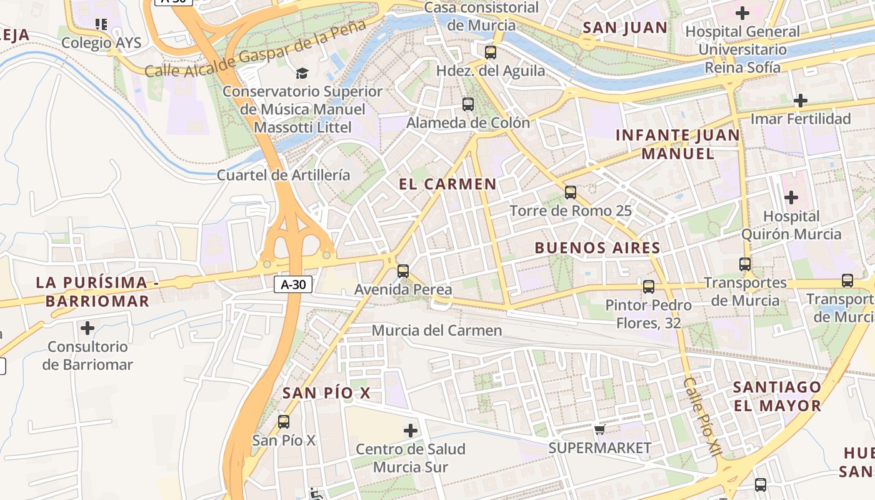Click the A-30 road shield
293,284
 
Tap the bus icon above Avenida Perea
403,271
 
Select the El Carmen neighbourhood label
447,184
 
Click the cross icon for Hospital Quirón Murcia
791,198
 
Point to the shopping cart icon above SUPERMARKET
600,429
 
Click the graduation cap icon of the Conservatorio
302,74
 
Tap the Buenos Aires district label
597,248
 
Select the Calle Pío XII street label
702,416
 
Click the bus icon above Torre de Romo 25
570,192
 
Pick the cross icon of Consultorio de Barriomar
87,327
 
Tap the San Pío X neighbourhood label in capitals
326,393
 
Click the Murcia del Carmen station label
436,330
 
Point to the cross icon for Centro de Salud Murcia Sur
411,431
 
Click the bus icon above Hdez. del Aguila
491,52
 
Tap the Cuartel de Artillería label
283,175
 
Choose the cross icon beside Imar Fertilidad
800,101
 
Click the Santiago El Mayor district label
777,396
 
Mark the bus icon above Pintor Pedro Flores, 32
649,287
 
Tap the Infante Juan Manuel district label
677,144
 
